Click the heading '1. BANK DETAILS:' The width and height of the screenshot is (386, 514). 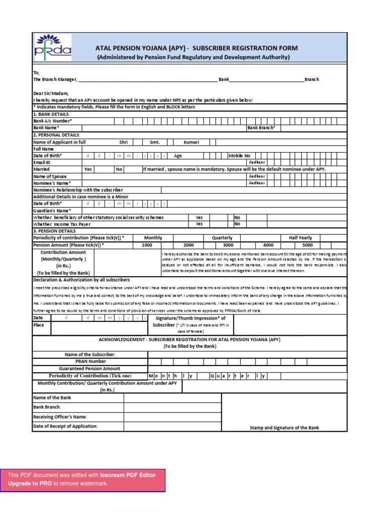51,114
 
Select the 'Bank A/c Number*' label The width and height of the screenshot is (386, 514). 52,121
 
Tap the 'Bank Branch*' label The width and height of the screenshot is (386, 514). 261,128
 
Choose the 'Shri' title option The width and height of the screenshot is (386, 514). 123,142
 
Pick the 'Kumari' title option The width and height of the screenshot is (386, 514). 191,142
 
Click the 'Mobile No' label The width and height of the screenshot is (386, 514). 239,156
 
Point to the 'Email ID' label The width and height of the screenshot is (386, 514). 42,163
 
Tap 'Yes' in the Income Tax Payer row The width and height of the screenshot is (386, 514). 199,224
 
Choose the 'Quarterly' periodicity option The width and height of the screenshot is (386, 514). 222,238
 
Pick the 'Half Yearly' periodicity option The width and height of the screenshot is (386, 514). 300,238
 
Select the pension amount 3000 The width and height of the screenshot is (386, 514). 228,245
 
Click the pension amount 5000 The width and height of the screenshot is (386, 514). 307,245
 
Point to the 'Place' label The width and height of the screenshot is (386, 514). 39,325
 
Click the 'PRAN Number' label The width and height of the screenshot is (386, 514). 90,361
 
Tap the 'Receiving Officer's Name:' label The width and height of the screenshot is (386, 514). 60,417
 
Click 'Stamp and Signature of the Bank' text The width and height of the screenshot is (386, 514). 284,428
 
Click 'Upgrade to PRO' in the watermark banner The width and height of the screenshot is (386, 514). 30,483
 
